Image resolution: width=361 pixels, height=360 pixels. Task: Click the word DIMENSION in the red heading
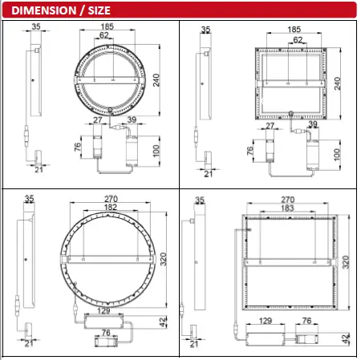tap(41, 10)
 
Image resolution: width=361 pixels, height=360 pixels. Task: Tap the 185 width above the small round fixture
tap(107, 27)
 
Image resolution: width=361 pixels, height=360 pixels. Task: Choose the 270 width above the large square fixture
tap(292, 198)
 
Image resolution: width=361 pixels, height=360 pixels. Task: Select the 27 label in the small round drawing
tap(98, 119)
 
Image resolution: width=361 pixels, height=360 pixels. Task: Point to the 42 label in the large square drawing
tap(347, 338)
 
